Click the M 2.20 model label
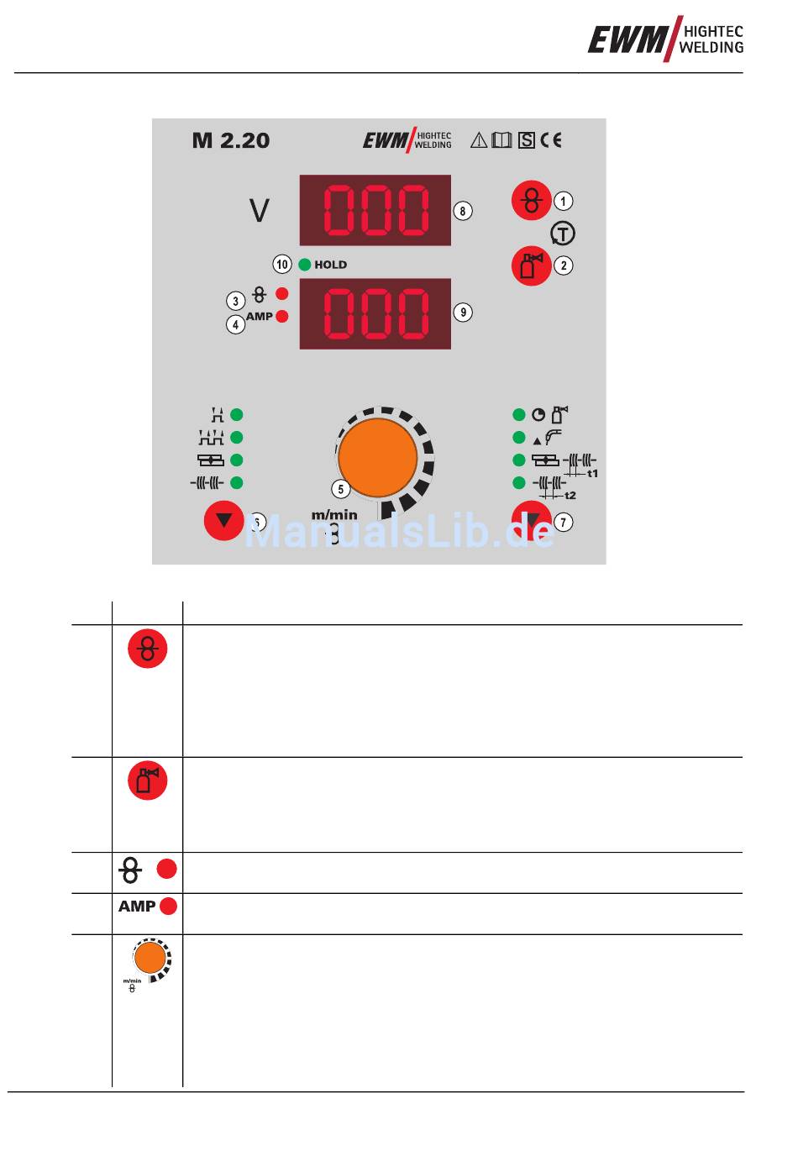pos(231,140)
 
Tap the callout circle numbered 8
pos(463,211)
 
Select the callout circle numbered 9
pos(463,313)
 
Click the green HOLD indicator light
pos(305,265)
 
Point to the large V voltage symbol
pos(260,211)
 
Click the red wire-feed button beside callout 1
pos(532,201)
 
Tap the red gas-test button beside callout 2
pos(532,265)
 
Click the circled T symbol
pos(563,234)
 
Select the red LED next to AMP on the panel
pos(282,317)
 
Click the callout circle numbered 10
pos(282,265)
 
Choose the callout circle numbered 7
pos(564,523)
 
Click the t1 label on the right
pos(593,474)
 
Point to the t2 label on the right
pos(570,496)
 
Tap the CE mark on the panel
pos(551,140)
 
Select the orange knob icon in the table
pos(150,959)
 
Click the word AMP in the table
pos(137,907)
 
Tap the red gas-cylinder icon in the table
pos(148,780)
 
